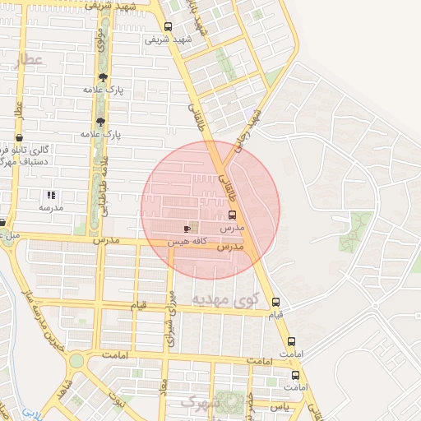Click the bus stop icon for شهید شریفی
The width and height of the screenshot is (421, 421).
169,26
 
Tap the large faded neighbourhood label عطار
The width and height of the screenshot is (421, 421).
28,60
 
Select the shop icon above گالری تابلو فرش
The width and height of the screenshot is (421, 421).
20,138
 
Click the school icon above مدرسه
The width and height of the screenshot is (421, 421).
50,195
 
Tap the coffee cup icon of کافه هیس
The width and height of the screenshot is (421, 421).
187,229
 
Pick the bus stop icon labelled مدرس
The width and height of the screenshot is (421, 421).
231,215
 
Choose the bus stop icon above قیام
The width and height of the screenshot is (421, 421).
275,302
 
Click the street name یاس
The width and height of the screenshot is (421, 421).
280,406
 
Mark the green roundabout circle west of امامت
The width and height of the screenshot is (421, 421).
76,360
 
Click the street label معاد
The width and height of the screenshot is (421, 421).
164,386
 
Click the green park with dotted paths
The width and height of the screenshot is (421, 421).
355,231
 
